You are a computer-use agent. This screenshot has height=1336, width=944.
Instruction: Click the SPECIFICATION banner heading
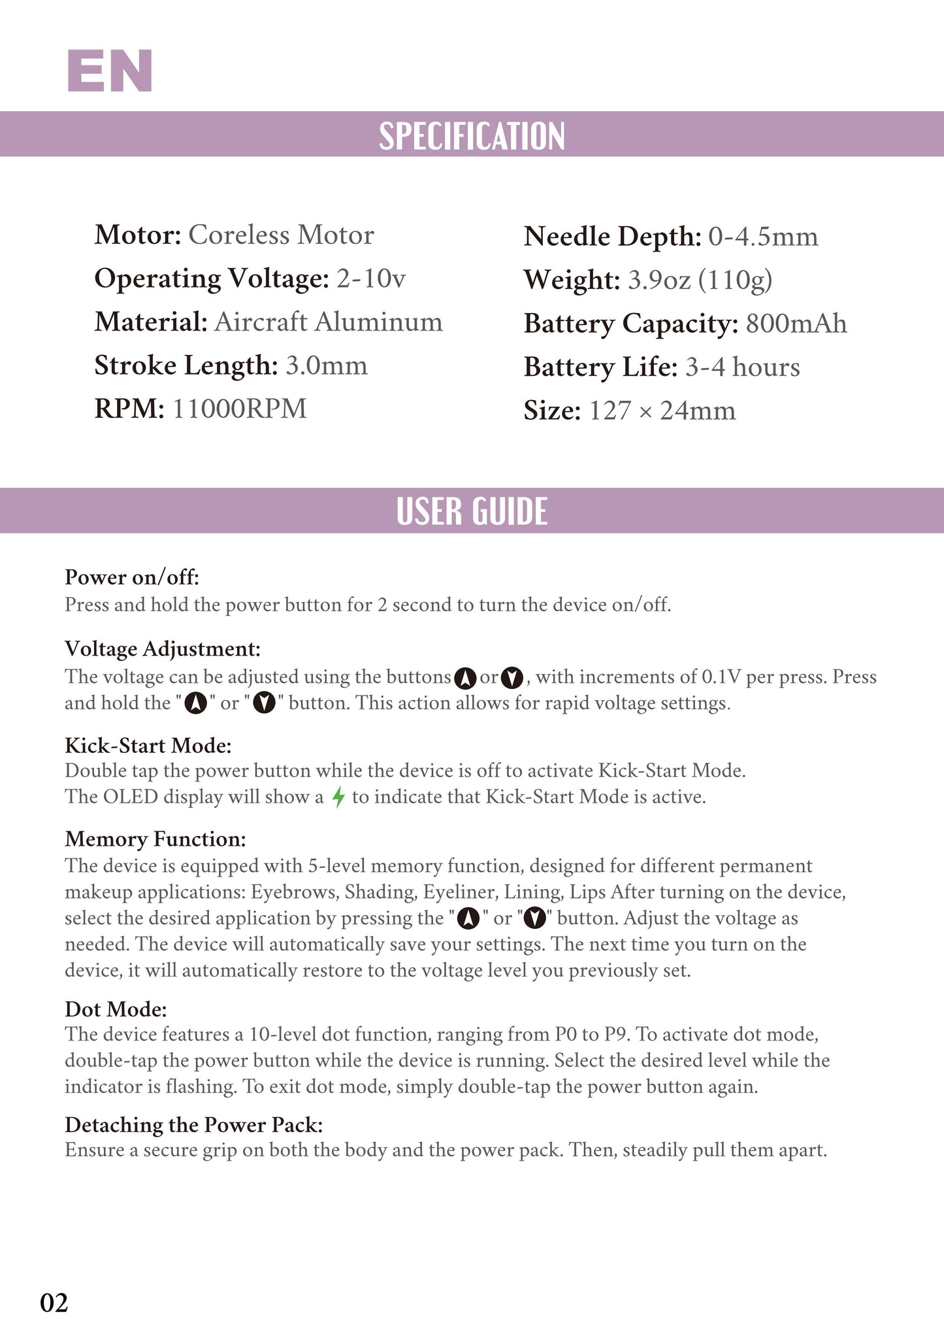[x=472, y=135]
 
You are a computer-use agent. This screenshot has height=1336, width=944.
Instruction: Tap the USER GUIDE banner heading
[x=472, y=511]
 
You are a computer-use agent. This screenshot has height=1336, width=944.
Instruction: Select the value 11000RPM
[x=240, y=409]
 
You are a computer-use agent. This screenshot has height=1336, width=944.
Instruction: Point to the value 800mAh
[x=796, y=324]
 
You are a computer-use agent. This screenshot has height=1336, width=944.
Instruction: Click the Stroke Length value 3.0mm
[x=327, y=365]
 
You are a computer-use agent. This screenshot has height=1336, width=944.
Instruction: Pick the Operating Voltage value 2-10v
[x=371, y=278]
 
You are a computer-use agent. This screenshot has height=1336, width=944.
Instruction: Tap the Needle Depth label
[x=612, y=237]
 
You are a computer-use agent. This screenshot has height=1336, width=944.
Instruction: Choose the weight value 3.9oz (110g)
[x=700, y=280]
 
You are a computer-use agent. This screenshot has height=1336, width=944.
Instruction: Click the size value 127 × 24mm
[x=662, y=410]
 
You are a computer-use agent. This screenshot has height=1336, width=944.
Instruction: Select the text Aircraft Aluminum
[x=328, y=322]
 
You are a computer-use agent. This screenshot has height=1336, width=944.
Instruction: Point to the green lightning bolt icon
[x=338, y=797]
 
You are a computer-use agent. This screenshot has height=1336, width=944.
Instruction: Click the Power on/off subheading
[x=132, y=577]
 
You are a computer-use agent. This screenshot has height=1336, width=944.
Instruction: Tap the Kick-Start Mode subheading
[x=148, y=745]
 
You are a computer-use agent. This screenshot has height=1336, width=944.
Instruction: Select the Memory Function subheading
[x=155, y=839]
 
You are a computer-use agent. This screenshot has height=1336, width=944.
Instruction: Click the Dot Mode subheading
[x=116, y=1009]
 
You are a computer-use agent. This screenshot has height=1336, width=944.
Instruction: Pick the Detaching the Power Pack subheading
[x=194, y=1124]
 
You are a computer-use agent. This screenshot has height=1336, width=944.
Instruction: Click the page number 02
[x=54, y=1302]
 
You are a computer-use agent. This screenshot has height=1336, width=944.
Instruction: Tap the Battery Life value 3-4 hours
[x=742, y=367]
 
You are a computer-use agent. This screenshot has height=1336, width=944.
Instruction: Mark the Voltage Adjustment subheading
[x=163, y=648]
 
